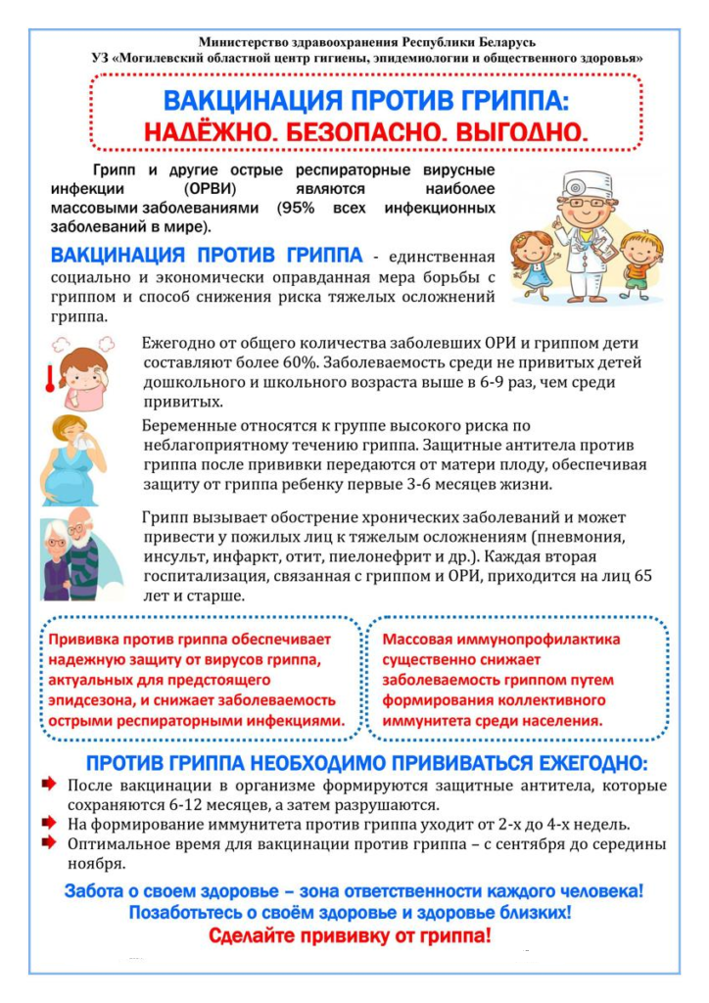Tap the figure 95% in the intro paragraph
click(x=296, y=208)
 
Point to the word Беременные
click(x=188, y=426)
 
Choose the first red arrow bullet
click(x=49, y=786)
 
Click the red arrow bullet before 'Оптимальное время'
click(x=49, y=842)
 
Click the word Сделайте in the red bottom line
click(x=257, y=936)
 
